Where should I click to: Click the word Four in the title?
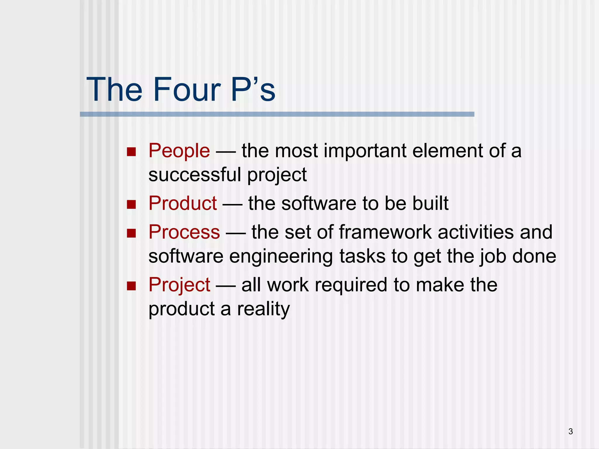tap(187, 89)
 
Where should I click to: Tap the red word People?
tap(179, 151)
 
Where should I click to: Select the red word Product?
tap(183, 203)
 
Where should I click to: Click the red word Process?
tap(184, 232)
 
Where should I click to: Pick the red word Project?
tap(179, 285)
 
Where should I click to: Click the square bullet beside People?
tap(132, 152)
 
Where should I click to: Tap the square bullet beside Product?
tap(132, 204)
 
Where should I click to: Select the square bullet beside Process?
tap(132, 233)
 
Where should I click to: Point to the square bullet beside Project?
tap(132, 286)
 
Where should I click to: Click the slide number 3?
tap(571, 431)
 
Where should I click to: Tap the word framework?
tap(385, 232)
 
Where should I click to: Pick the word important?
tap(365, 151)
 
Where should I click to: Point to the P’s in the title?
tap(253, 89)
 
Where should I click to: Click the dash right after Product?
tap(232, 204)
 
